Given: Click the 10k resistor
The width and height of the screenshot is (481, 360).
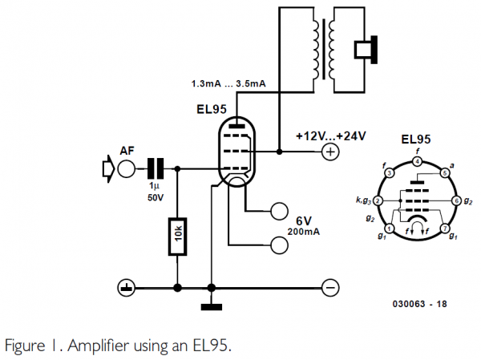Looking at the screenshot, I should click(176, 236).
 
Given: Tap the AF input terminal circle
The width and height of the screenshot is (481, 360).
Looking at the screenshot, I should click(127, 169).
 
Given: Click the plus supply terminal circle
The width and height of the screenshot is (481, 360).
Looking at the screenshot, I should click(329, 152).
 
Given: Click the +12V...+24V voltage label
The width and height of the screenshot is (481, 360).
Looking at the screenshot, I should click(329, 136).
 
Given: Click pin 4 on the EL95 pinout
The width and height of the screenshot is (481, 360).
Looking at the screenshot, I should click(418, 162).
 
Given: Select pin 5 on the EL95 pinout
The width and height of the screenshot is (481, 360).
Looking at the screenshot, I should click(446, 172).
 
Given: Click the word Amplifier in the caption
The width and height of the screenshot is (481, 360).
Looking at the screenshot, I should click(89, 346).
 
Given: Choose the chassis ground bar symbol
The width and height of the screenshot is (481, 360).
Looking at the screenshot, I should click(211, 305).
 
